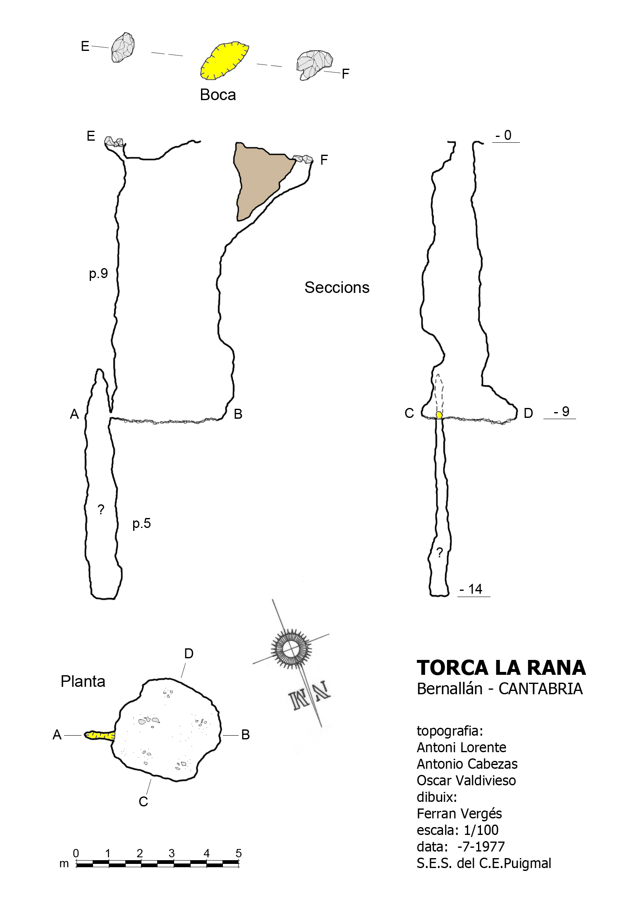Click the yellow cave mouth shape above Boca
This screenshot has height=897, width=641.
224,61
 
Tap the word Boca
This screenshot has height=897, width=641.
218,95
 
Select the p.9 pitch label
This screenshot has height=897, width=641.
98,273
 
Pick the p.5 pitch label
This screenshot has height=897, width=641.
141,523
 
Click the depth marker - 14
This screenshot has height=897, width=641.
471,589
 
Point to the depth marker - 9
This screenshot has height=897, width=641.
562,412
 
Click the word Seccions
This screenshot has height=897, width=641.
337,288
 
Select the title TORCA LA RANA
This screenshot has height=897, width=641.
501,668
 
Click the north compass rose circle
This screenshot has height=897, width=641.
292,647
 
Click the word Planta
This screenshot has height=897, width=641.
83,681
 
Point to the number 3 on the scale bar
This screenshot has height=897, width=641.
172,853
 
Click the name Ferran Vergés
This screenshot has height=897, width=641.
459,813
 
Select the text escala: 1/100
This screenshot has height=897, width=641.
457,830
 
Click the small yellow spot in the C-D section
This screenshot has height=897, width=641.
439,415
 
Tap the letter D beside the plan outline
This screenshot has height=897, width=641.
189,654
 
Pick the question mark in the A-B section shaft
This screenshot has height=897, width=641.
101,510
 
